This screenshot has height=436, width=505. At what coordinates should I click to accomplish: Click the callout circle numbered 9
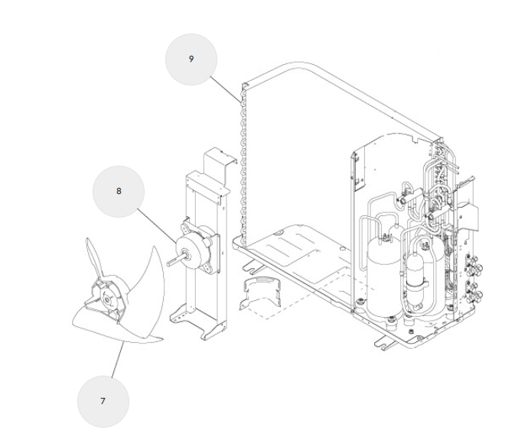pyautogui.click(x=191, y=60)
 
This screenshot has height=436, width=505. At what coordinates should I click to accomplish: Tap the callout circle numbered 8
pyautogui.click(x=119, y=192)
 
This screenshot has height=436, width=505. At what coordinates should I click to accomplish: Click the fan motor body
pyautogui.click(x=191, y=244)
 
